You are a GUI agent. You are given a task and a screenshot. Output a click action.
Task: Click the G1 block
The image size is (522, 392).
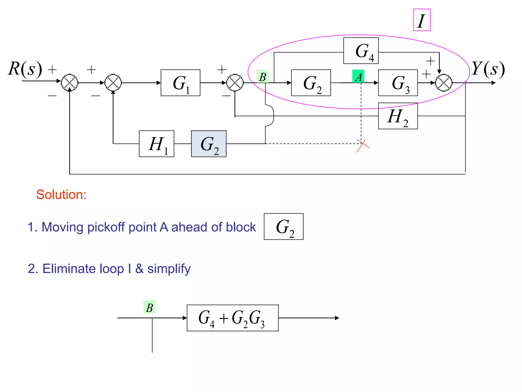tap(180, 83)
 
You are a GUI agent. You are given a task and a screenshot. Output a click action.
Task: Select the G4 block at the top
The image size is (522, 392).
tap(361, 51)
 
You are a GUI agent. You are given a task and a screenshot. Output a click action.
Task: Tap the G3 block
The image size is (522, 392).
tap(398, 83)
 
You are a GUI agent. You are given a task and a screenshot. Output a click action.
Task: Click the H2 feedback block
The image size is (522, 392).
tap(398, 116)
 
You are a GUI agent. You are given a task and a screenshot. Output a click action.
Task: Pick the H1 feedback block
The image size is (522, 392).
tap(156, 144)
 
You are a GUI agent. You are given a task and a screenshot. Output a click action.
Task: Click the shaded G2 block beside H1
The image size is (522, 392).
tap(209, 144)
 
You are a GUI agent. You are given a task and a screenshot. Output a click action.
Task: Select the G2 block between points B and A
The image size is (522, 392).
tap(311, 83)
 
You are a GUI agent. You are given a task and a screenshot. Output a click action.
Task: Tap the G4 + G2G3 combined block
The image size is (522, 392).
tap(232, 318)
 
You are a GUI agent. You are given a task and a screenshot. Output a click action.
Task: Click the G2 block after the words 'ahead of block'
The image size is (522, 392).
tap(284, 227)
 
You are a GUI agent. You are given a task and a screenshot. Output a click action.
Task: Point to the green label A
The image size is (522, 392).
tap(358, 76)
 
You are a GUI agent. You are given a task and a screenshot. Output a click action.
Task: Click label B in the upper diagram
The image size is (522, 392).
tap(263, 76)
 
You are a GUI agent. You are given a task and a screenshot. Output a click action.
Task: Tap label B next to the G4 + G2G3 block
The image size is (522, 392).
tap(150, 307)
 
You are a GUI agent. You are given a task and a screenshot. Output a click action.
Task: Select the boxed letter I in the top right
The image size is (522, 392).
tap(422, 20)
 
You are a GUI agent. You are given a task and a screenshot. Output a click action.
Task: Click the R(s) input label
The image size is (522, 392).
tap(25, 69)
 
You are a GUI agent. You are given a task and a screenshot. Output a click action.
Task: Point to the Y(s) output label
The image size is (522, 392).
tap(488, 69)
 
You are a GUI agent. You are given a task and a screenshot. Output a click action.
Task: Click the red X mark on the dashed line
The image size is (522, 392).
tap(363, 145)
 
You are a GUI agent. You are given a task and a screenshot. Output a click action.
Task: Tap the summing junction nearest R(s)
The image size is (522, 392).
tap(70, 83)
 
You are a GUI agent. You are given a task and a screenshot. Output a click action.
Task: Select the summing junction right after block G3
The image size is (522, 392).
tap(444, 83)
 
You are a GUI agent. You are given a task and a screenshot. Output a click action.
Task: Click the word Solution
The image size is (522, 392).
tap(61, 195)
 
